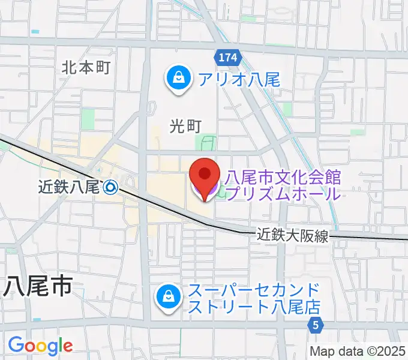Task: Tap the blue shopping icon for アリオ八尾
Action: tap(179, 78)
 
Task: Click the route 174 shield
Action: tap(227, 58)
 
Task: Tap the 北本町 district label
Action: tap(86, 67)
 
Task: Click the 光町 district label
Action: tap(184, 125)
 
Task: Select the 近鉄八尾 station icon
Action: tap(110, 187)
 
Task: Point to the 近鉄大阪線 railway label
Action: tap(294, 235)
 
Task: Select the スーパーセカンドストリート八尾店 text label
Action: tap(254, 299)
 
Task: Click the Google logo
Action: tap(40, 346)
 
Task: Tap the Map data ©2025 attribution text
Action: tap(358, 351)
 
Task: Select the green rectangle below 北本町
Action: tap(88, 119)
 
